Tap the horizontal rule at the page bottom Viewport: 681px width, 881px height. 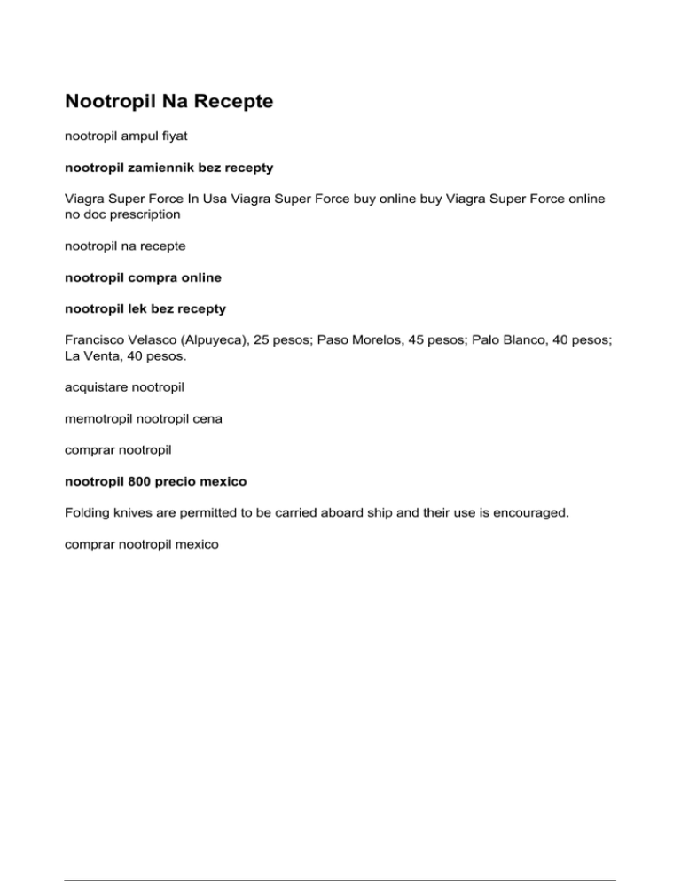(340, 856)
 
